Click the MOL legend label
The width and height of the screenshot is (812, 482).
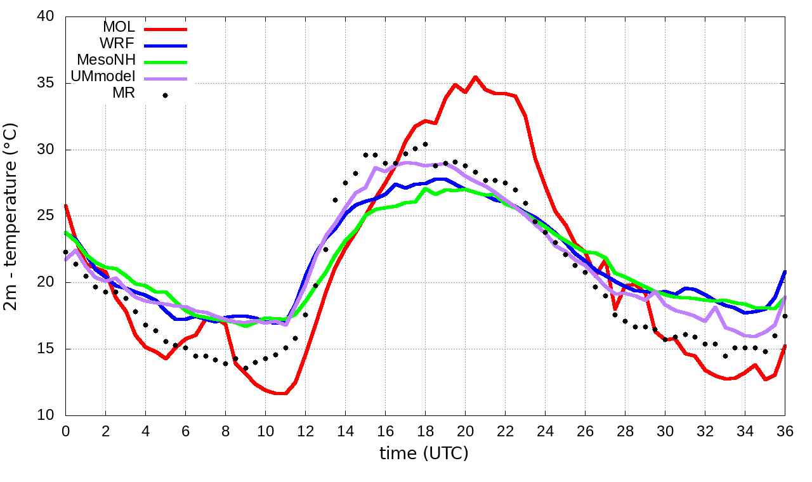tap(119, 27)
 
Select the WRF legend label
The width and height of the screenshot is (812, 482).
tap(117, 44)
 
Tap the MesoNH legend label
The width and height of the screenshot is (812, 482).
tap(106, 60)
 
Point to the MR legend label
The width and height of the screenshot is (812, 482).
tap(124, 94)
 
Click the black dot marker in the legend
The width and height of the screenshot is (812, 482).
tap(165, 96)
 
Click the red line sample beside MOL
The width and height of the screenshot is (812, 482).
tap(166, 29)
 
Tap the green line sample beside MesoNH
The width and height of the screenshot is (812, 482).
tap(166, 62)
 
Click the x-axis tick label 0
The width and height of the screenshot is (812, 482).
tap(65, 431)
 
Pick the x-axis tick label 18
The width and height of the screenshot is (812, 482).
tap(425, 431)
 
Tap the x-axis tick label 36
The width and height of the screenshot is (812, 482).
tap(785, 431)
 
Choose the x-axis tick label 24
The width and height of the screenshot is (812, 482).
tap(545, 431)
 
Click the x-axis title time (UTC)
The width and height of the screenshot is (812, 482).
tap(424, 453)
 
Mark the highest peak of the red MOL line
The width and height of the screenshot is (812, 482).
tap(475, 77)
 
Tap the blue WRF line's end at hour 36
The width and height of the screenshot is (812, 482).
tap(785, 271)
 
